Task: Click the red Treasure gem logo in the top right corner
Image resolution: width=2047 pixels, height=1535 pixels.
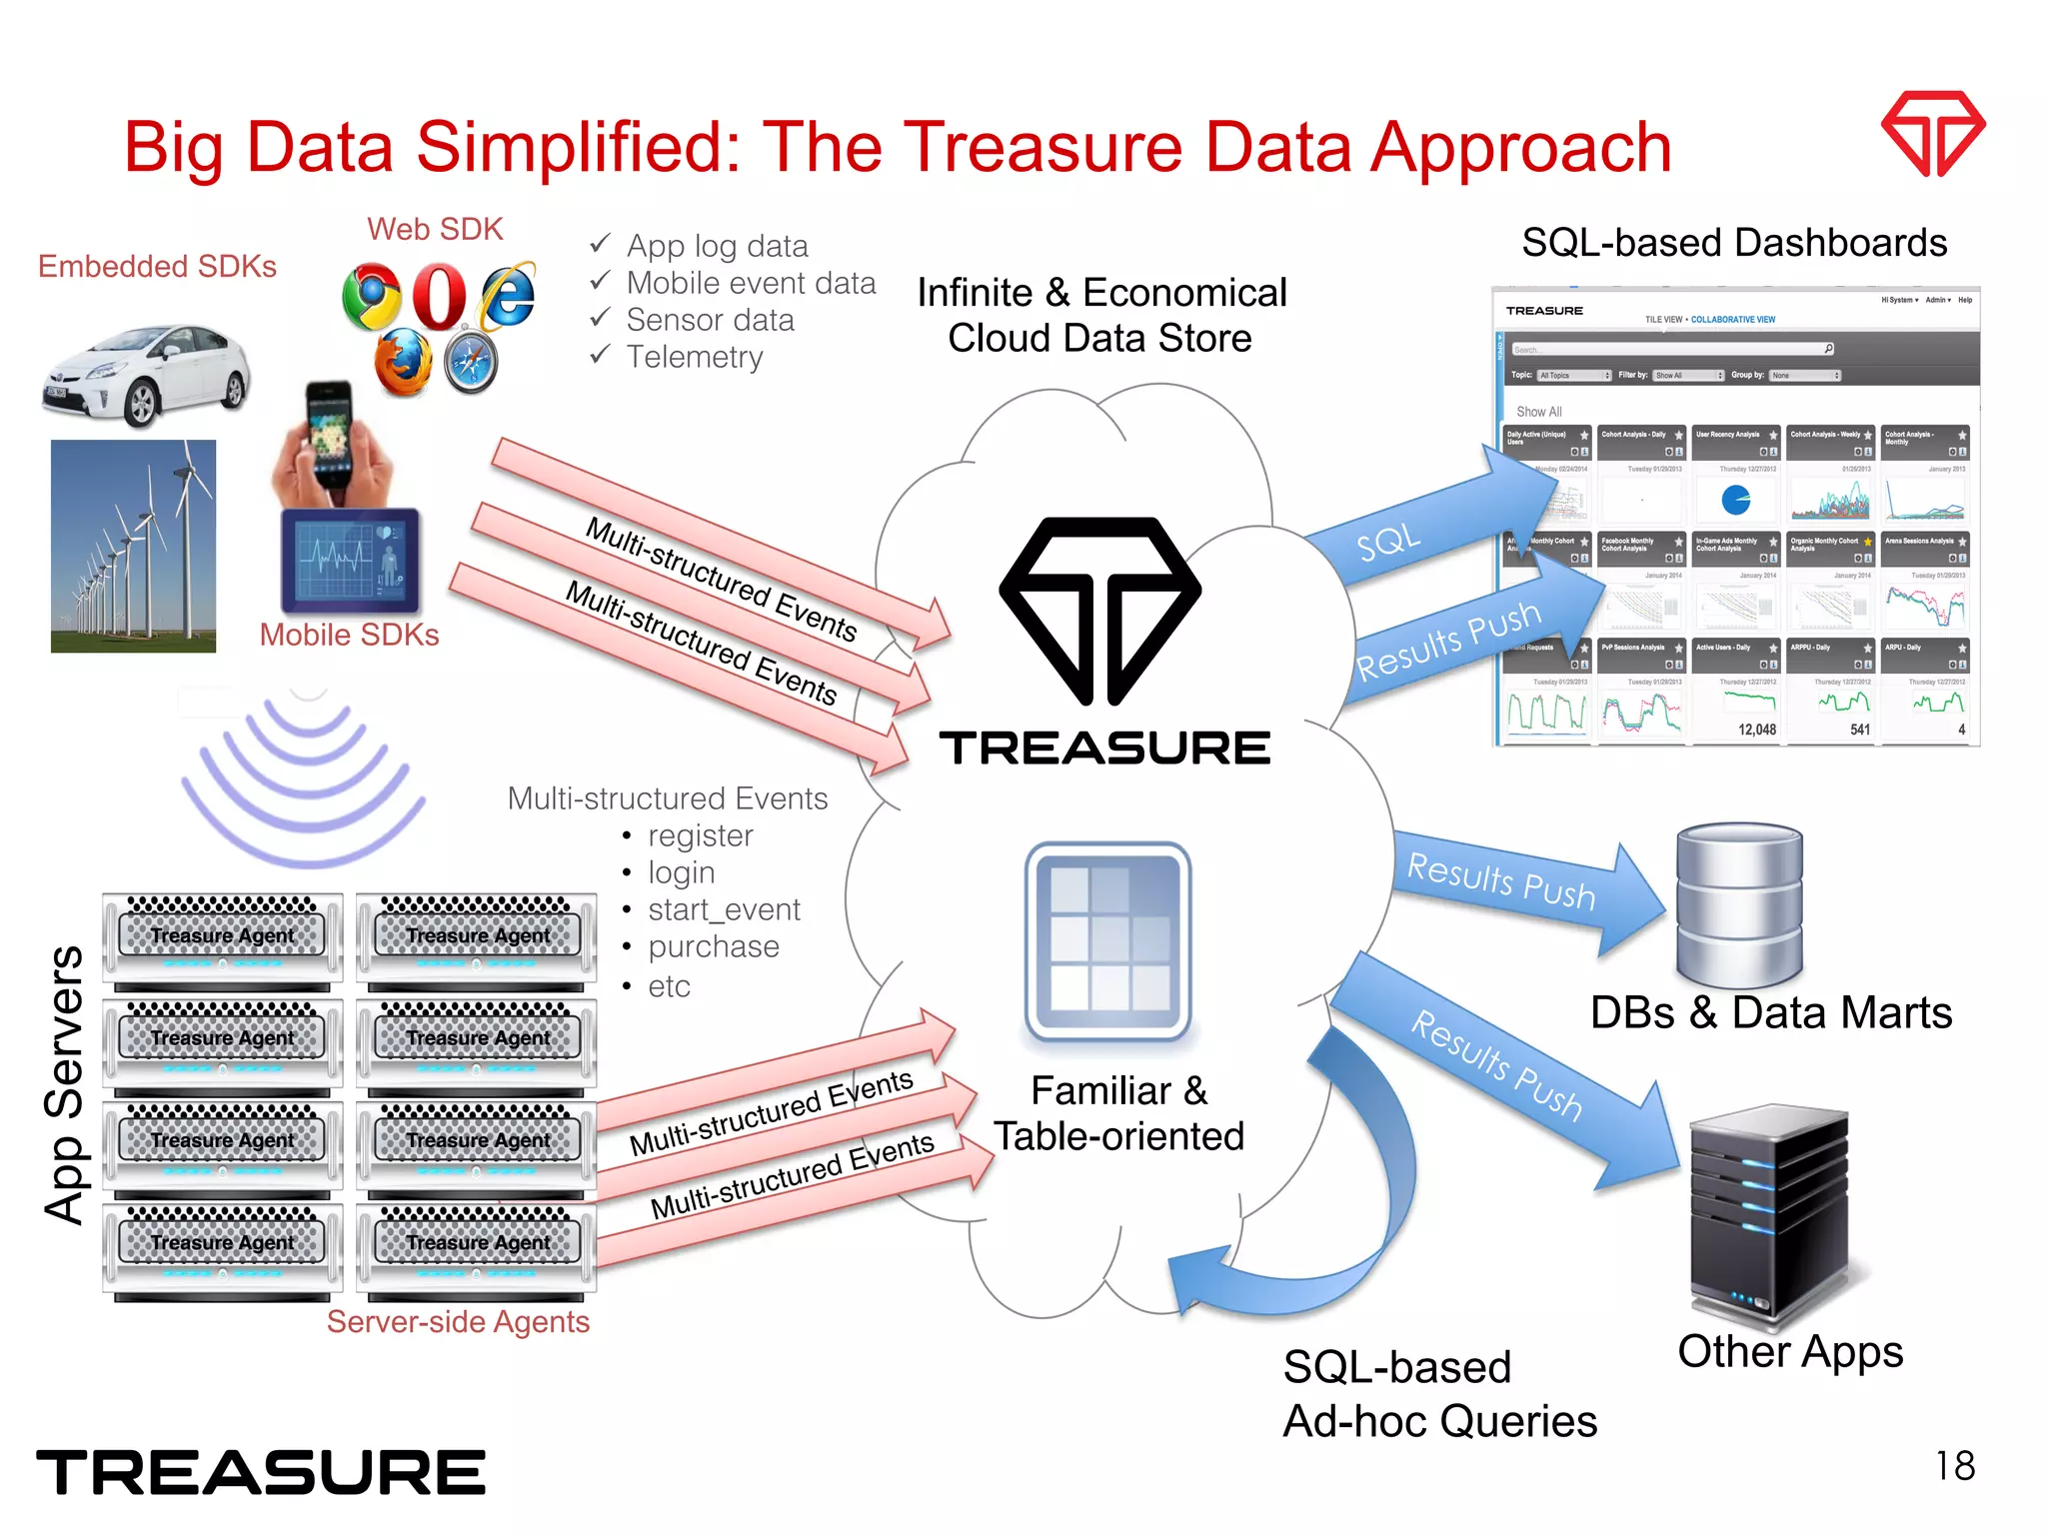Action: point(1932,132)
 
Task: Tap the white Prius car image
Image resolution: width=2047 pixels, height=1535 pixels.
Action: point(147,373)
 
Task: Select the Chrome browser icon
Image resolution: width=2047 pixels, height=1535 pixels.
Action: point(371,297)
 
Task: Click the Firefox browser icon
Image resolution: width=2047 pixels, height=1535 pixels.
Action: point(403,362)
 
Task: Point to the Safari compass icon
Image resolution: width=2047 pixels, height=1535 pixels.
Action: point(471,362)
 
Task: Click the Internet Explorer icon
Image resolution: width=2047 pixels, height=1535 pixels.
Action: point(508,296)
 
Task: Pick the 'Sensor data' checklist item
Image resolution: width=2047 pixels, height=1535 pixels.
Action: point(710,320)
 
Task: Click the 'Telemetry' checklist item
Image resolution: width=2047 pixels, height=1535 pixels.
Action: point(694,357)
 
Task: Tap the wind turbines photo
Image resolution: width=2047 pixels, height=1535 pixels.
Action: point(133,546)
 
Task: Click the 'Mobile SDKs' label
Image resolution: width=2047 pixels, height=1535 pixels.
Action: point(349,635)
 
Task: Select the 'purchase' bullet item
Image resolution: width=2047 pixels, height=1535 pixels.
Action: point(713,946)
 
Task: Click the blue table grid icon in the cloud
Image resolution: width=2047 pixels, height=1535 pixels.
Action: point(1107,941)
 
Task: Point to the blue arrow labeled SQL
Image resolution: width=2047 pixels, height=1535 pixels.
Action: point(1419,530)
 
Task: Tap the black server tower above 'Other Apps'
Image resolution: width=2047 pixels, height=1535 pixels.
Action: point(1767,1214)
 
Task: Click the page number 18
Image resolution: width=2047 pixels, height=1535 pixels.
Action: point(1954,1466)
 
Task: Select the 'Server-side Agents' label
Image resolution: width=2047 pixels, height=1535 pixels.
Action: point(458,1321)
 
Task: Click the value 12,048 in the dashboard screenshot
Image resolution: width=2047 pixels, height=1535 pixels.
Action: point(1756,730)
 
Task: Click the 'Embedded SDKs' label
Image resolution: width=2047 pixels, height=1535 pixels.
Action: point(157,266)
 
